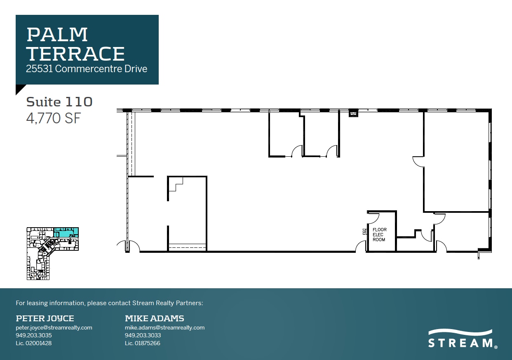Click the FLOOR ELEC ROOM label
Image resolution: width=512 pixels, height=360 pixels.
pos(379,235)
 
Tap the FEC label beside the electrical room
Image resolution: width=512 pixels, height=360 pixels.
pos(364,231)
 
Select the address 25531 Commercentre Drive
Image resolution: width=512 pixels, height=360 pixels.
pos(87,69)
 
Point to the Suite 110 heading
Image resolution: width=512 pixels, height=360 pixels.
pos(59,101)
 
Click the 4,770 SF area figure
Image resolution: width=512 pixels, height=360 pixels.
pos(53,118)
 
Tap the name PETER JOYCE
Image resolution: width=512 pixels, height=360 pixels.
pos(45,318)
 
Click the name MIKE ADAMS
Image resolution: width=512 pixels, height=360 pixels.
pos(154,318)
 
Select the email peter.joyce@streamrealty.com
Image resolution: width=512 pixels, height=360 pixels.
pos(54,328)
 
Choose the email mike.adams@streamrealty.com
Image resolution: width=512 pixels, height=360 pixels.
pos(164,328)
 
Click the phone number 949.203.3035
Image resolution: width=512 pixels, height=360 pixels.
pos(34,335)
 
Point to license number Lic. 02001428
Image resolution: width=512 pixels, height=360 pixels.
pos(34,343)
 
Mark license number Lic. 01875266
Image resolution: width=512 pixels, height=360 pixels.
pos(143,343)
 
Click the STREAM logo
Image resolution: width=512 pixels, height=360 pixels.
pos(461,339)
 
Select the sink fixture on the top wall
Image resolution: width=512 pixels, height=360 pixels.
pos(353,114)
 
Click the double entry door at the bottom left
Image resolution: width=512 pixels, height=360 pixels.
pos(128,246)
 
